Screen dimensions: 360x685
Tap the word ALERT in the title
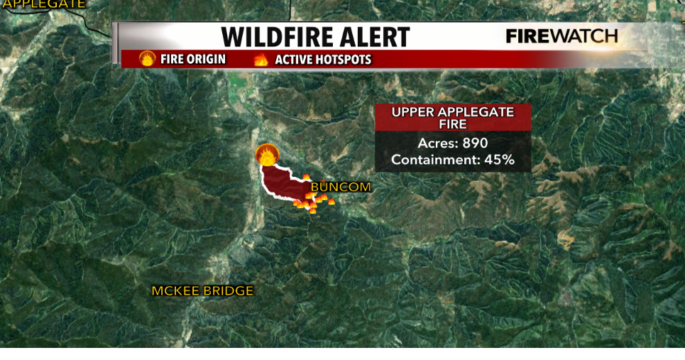click(378, 37)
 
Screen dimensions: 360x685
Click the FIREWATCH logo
click(561, 37)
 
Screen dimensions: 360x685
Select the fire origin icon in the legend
click(147, 59)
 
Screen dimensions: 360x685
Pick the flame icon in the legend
click(261, 60)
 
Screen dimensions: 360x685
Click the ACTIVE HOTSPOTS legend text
click(323, 60)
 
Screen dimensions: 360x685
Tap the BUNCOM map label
click(341, 187)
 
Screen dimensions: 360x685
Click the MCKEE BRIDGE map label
click(202, 290)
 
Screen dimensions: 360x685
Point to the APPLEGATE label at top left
click(43, 4)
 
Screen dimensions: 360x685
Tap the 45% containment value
click(499, 160)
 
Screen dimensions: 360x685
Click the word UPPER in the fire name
click(414, 112)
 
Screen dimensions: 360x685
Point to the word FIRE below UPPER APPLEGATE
click(453, 124)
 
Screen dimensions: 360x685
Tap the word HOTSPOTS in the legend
click(344, 60)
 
